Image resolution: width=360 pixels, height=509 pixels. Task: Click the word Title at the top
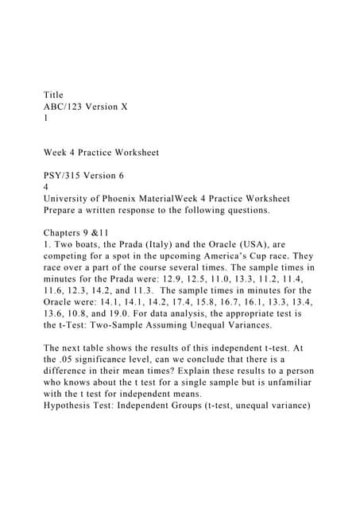point(54,95)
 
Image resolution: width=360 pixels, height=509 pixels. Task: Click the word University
point(71,198)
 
